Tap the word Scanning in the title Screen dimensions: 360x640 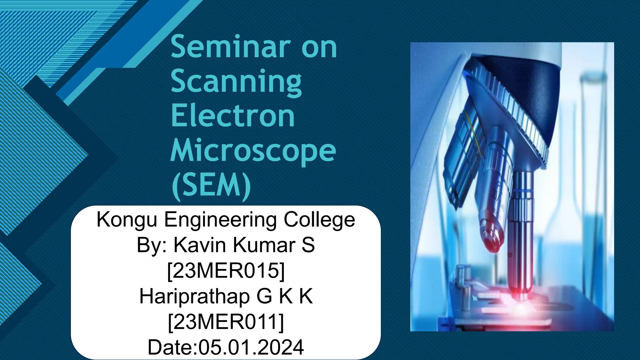coord(236,82)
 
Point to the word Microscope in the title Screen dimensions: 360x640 coord(253,151)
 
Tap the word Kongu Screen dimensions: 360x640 coord(127,220)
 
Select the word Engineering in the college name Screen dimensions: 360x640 coord(221,220)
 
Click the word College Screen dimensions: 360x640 coord(319,220)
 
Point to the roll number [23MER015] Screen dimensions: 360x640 coord(226,270)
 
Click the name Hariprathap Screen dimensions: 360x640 coord(194,296)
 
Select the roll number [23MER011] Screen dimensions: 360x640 coord(226,322)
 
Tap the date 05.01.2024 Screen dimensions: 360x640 coord(251,347)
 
